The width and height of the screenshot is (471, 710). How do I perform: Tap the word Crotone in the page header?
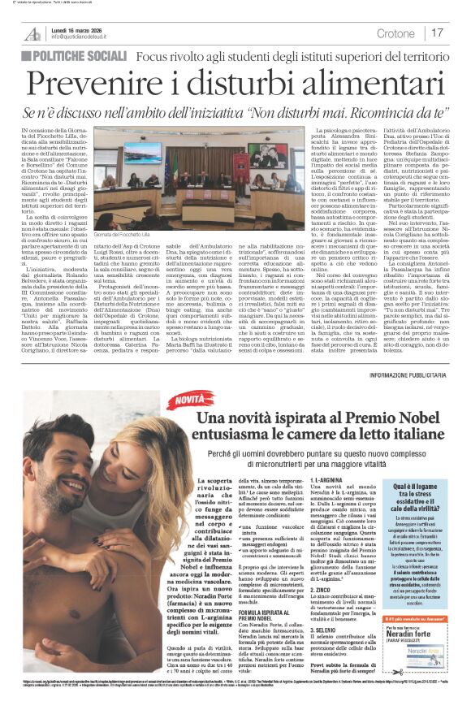coord(396,32)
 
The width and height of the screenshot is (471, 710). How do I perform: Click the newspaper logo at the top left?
coord(32,33)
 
